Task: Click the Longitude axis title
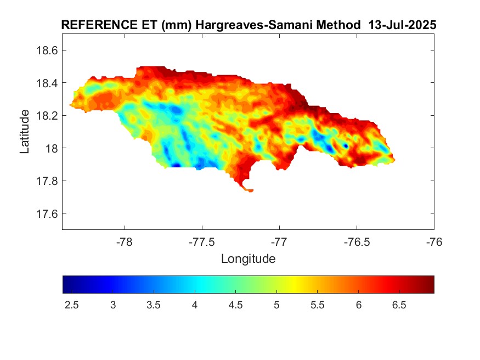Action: [x=248, y=258]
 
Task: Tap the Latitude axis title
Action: [x=25, y=132]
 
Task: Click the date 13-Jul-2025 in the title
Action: [x=402, y=25]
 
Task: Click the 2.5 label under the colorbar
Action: [x=71, y=305]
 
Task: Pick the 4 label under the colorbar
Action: [x=194, y=305]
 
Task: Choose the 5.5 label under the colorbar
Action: [x=317, y=305]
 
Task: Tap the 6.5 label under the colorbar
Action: [x=399, y=305]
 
